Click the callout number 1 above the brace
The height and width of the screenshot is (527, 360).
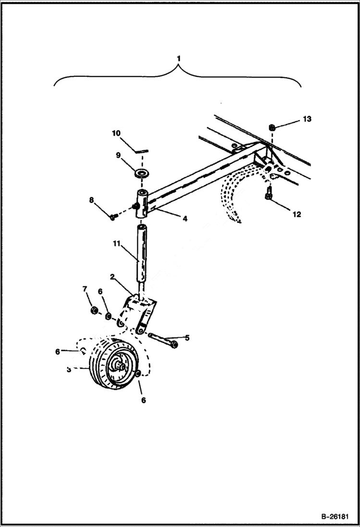178,59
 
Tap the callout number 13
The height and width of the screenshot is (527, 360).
307,119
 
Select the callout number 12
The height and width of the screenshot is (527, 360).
297,214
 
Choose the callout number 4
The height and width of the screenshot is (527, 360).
185,218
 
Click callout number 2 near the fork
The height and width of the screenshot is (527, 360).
112,277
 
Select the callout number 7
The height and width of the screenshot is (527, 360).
85,289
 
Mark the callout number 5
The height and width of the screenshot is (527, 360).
186,338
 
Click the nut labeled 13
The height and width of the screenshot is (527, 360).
272,128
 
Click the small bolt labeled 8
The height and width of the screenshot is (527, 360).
112,217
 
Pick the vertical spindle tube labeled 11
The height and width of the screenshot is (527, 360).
142,252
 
